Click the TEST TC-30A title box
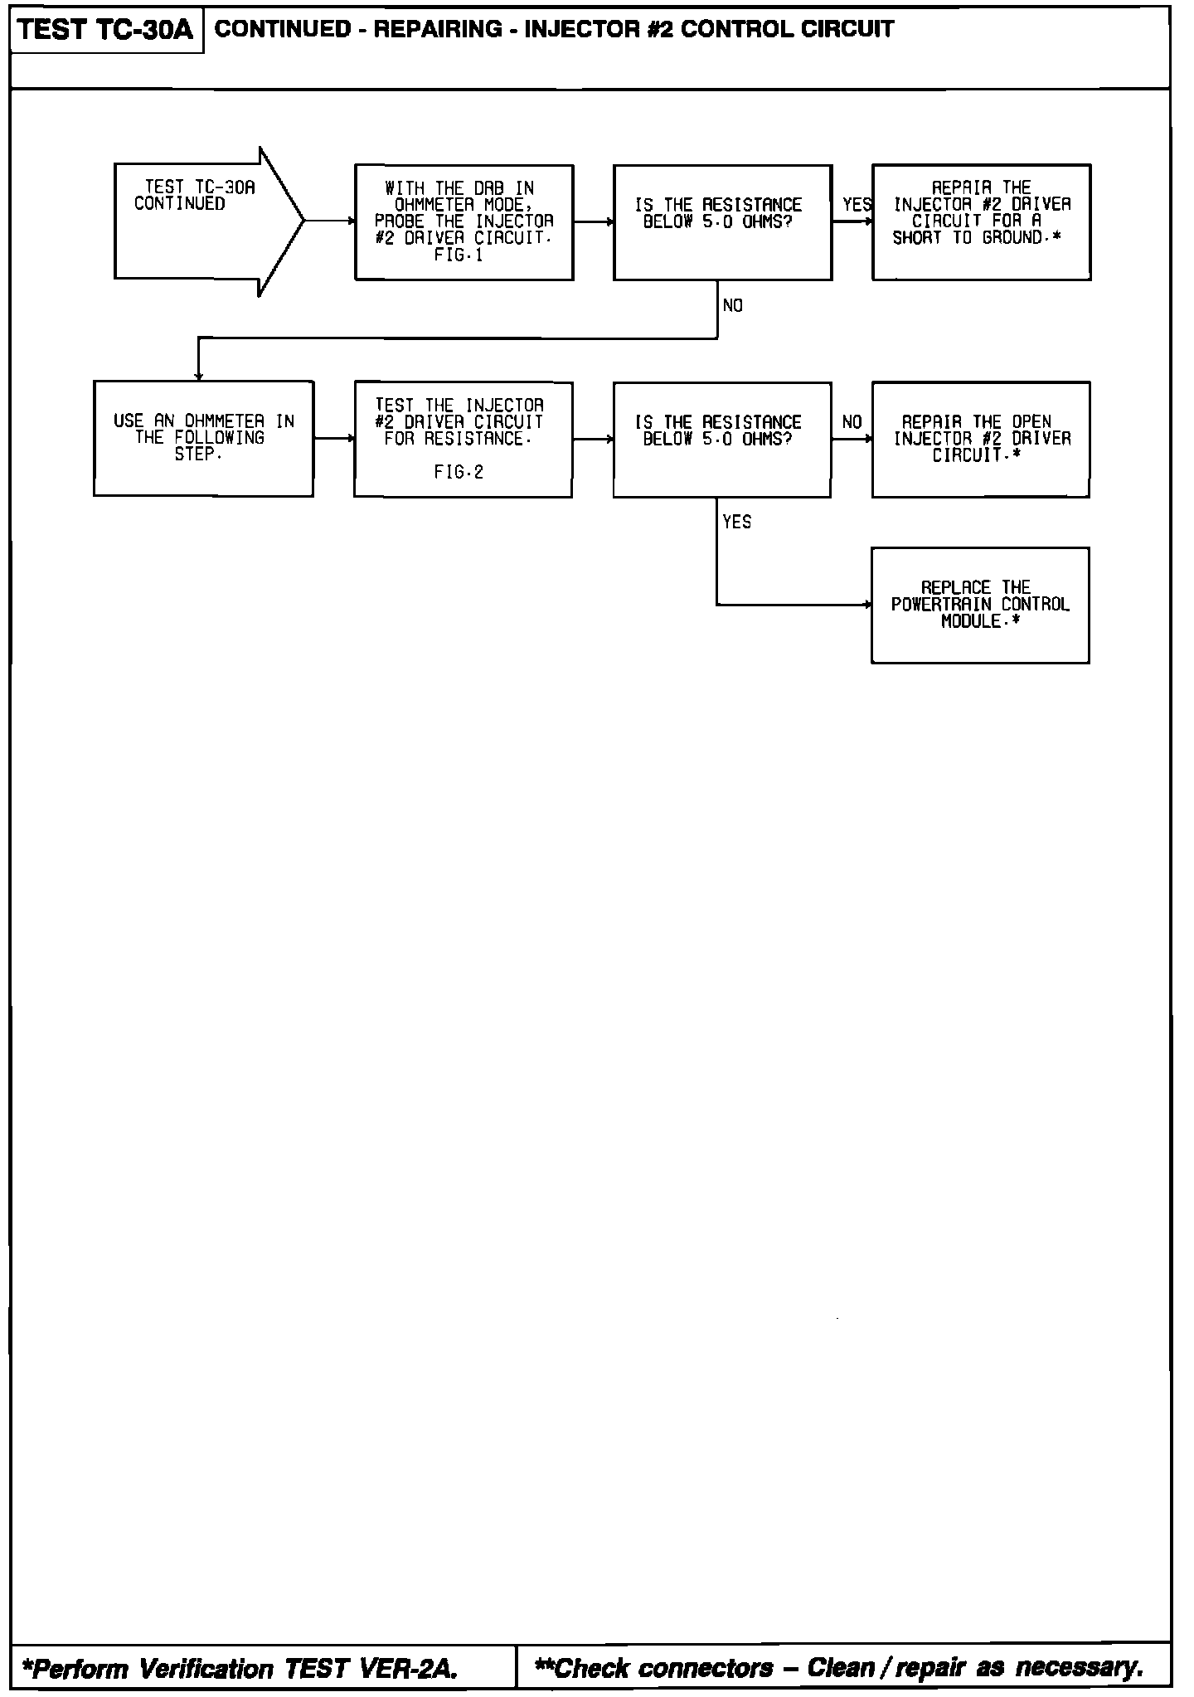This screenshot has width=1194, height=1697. (x=106, y=31)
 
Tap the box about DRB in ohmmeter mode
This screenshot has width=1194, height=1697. (x=464, y=222)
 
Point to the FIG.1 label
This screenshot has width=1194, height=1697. (x=459, y=255)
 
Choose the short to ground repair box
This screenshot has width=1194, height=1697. (x=981, y=222)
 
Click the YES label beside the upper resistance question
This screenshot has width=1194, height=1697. (x=857, y=204)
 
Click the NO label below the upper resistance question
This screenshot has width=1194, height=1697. (x=733, y=306)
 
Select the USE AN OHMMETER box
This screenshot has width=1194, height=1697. (x=203, y=439)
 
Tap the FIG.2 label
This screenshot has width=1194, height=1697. (x=459, y=473)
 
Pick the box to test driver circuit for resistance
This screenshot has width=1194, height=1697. (x=463, y=440)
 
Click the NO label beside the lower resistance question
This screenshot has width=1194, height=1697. (x=852, y=422)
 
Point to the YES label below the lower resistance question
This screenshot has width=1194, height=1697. (x=737, y=522)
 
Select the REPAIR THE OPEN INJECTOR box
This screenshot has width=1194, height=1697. (x=981, y=440)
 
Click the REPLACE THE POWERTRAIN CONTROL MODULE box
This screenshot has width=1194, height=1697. (x=980, y=605)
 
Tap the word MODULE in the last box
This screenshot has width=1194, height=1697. (x=972, y=622)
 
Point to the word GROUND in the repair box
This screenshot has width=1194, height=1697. (x=1012, y=238)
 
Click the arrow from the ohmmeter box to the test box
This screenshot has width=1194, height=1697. (x=333, y=439)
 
